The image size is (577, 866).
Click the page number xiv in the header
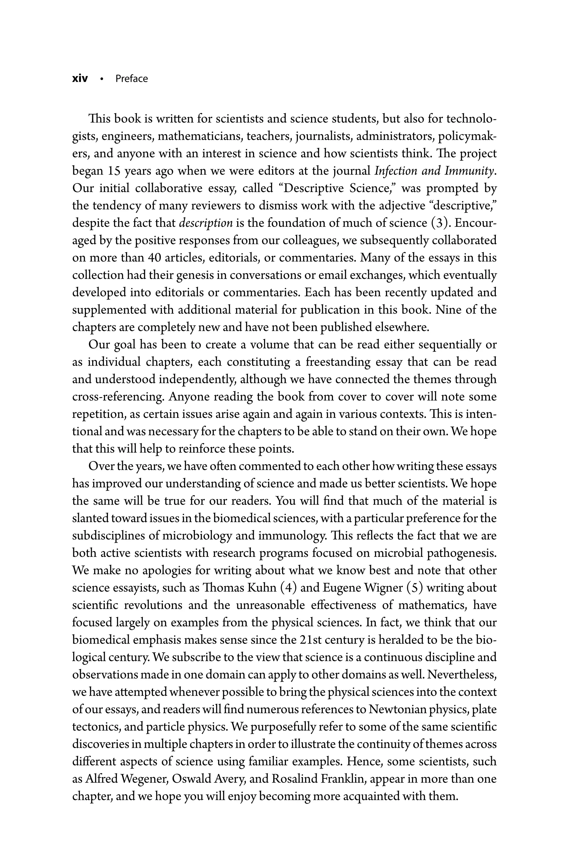pyautogui.click(x=80, y=79)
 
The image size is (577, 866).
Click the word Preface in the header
pyautogui.click(x=131, y=79)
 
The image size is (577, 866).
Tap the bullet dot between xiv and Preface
pyautogui.click(x=101, y=79)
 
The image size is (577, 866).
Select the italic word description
pyautogui.click(x=206, y=224)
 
